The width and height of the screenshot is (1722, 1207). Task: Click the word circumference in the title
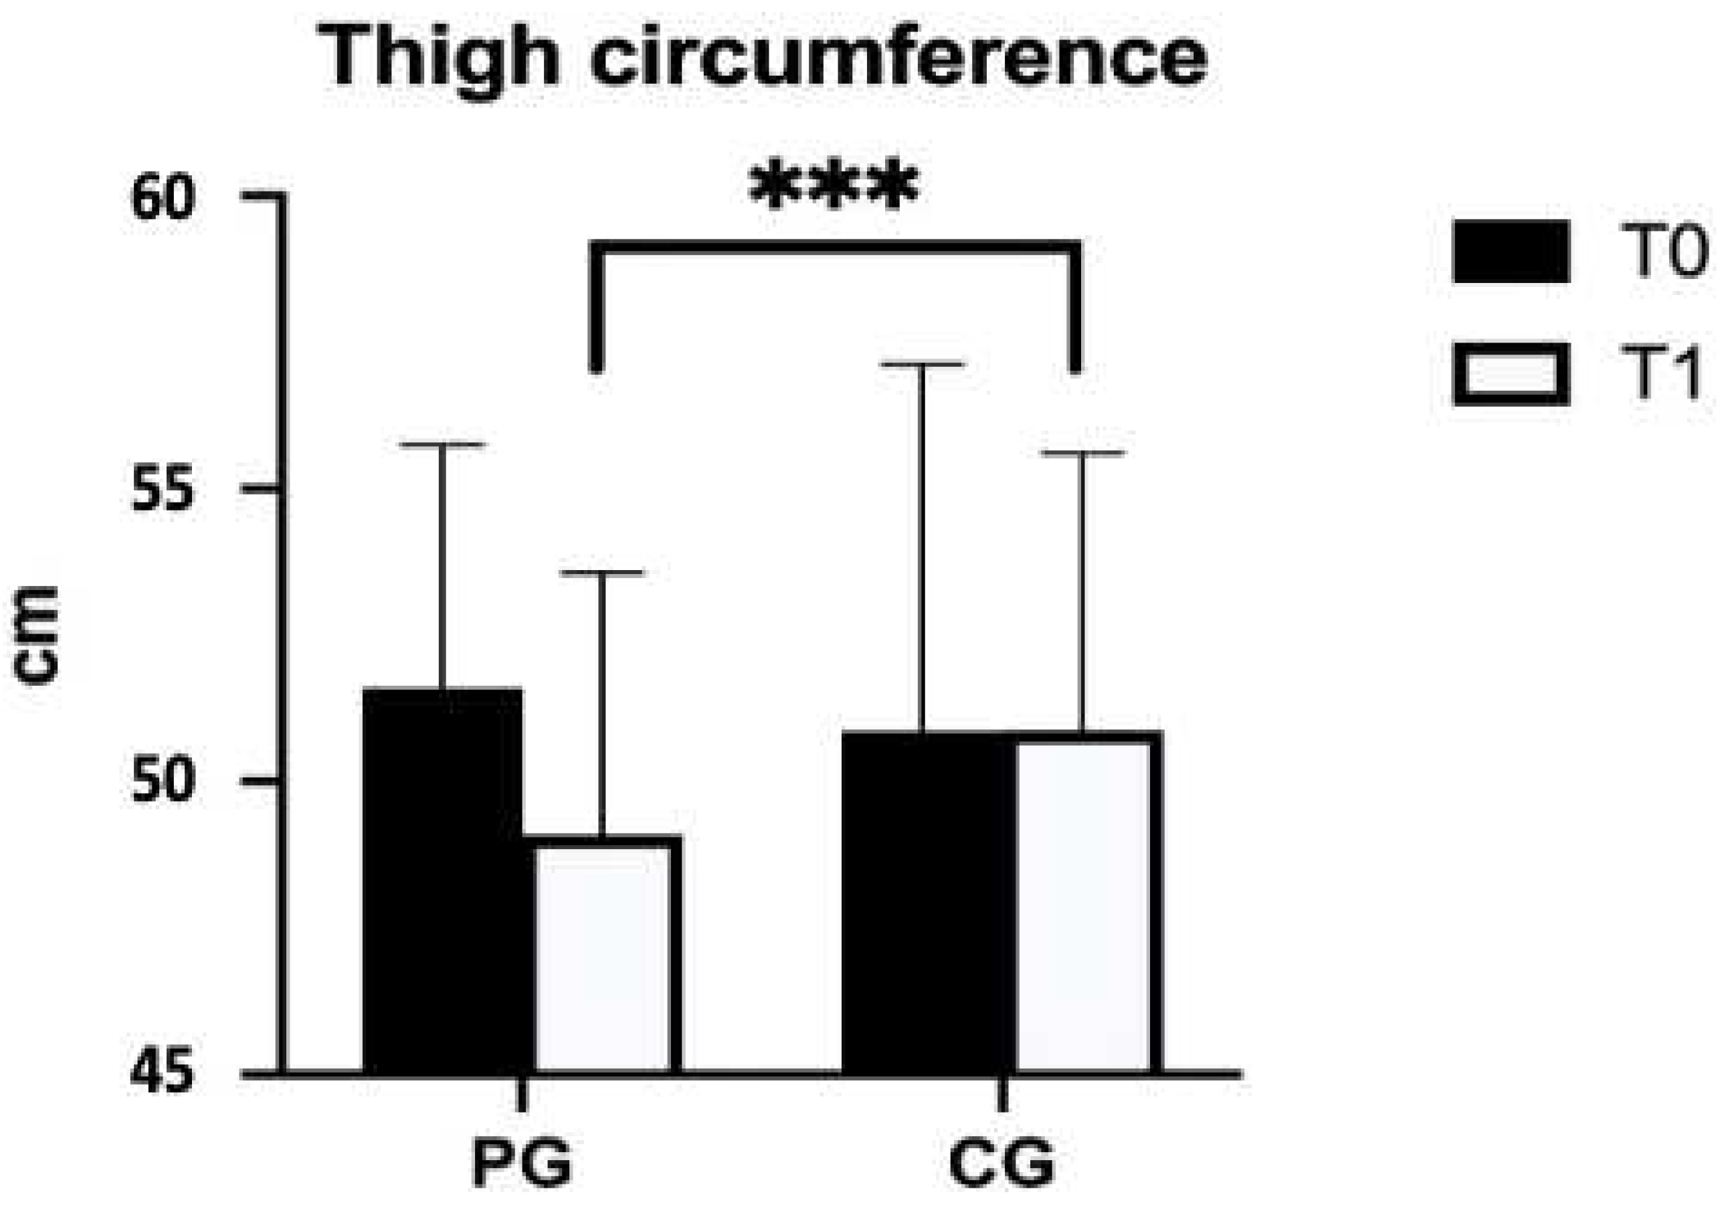coord(898,56)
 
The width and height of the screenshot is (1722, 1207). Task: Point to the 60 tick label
coord(163,198)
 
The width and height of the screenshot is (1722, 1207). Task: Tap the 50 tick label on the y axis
coord(163,781)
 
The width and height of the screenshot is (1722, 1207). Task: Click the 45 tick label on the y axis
coord(163,1073)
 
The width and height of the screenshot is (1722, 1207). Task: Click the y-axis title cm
coord(37,636)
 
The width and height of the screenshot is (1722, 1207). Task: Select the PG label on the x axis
coord(522,1162)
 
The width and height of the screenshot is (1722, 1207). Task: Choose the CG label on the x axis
coord(1002,1162)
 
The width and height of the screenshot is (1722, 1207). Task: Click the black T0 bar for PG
coord(442,881)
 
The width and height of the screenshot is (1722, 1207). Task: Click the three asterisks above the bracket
coord(834,185)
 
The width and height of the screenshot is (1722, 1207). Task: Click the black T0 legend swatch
coord(1511,252)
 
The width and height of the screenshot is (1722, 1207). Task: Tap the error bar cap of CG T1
coord(1082,454)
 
